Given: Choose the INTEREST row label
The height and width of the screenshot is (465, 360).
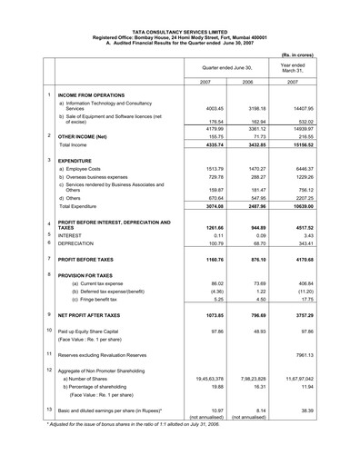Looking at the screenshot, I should (x=72, y=234).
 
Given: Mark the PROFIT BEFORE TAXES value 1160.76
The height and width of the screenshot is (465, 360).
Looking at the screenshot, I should (x=212, y=262).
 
